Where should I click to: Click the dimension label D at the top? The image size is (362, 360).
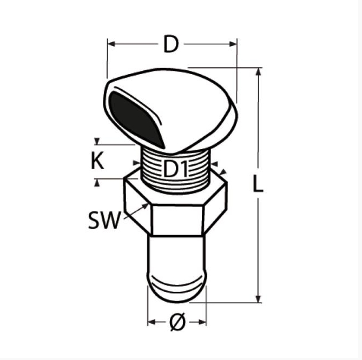171,45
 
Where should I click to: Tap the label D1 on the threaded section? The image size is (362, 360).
175,170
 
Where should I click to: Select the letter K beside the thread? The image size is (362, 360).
97,162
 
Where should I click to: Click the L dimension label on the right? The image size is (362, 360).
258,185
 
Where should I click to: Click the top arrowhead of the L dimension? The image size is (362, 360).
259,72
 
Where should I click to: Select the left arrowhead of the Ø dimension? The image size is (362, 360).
151,323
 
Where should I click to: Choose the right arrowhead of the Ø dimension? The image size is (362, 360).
203,323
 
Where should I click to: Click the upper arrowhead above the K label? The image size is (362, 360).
97,142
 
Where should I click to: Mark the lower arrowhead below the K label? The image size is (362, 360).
97,182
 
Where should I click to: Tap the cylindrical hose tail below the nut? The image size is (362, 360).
177,259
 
